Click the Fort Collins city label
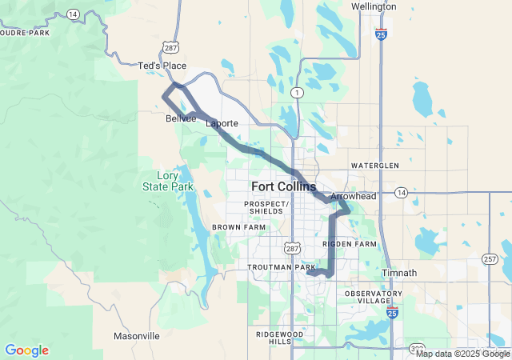pos(283,186)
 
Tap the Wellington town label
pos(374,6)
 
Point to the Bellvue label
pos(181,118)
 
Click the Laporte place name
pos(222,124)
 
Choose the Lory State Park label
pos(168,181)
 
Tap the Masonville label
pos(137,335)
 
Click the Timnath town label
pos(400,273)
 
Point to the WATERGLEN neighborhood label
pos(374,165)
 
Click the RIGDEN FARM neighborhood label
pos(349,243)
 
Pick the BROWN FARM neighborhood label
pos(238,227)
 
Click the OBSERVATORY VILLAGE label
pos(374,298)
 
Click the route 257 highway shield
pos(490,259)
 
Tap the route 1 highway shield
pos(297,92)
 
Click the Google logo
pos(26,350)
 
